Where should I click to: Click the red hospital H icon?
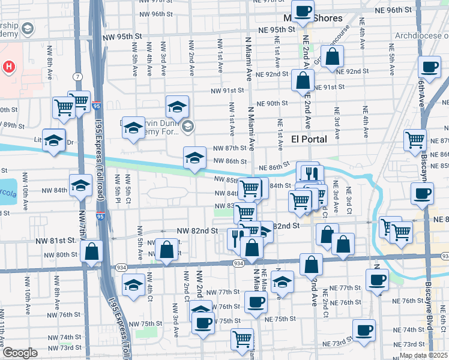click(9, 67)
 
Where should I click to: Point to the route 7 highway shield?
click(78, 77)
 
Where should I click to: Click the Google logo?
click(19, 353)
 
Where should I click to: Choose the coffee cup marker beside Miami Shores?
click(304, 10)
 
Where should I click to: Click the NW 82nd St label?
click(196, 231)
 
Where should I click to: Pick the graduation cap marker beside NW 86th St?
click(194, 158)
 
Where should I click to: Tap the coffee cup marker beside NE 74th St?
click(364, 329)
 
